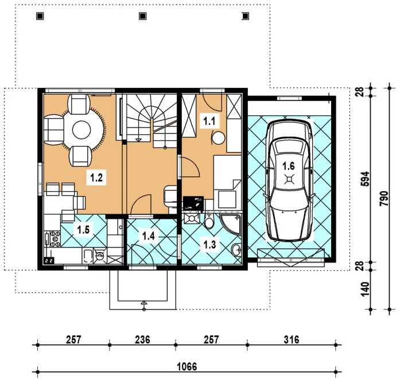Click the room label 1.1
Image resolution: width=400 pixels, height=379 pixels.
click(x=209, y=121)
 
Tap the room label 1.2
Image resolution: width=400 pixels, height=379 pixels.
click(x=96, y=177)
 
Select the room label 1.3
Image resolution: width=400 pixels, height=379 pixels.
click(x=209, y=245)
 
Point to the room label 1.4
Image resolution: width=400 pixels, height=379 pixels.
click(x=149, y=236)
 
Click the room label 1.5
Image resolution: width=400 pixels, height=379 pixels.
click(x=83, y=230)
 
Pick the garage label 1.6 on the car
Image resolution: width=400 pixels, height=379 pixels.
click(x=289, y=166)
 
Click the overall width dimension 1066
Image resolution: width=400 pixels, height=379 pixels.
click(x=187, y=367)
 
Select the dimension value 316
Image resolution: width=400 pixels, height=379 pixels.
click(x=292, y=340)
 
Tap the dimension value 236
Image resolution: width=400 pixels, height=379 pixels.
click(x=142, y=340)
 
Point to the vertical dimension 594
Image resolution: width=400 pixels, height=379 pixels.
click(x=366, y=179)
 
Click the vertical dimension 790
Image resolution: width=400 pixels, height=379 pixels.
click(x=384, y=199)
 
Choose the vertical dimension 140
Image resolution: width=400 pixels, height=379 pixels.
click(x=366, y=289)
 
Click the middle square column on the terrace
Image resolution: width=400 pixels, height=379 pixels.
click(x=142, y=16)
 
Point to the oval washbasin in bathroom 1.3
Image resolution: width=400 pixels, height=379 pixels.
click(x=236, y=249)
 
